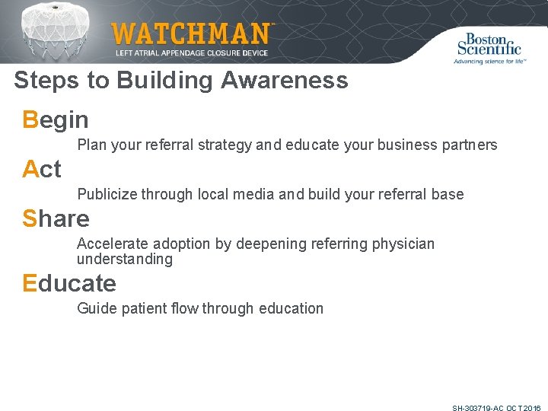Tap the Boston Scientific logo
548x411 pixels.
(x=489, y=47)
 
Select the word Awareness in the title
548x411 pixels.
(x=285, y=81)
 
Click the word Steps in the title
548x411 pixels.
(x=41, y=81)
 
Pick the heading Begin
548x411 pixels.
(x=56, y=120)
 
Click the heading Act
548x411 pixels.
(x=42, y=169)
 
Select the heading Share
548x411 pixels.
(x=56, y=219)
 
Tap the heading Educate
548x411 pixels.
(x=69, y=284)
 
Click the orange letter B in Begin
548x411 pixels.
(x=30, y=119)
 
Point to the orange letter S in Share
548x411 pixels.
(x=30, y=219)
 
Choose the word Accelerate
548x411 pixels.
(x=113, y=244)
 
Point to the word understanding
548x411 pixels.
(x=125, y=260)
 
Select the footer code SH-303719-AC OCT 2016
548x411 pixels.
(x=496, y=409)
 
